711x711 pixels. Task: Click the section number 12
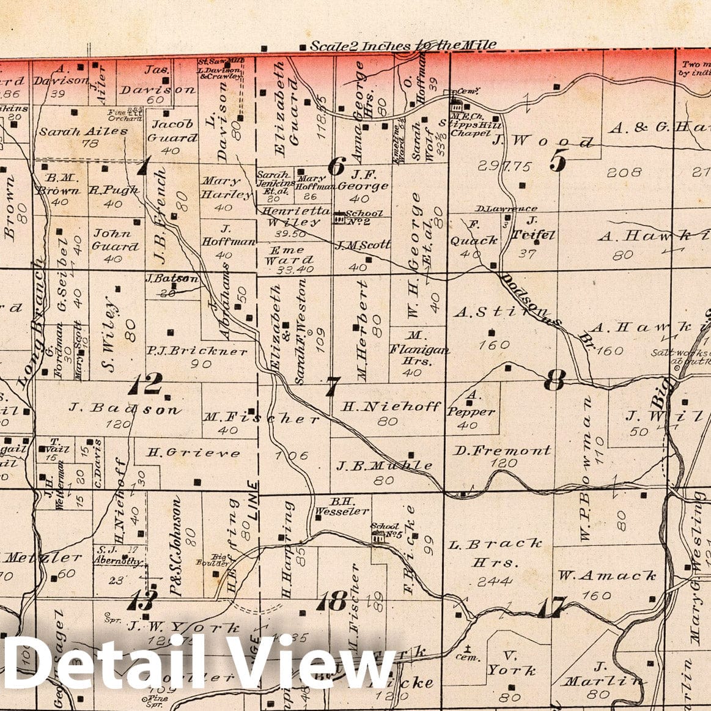coord(146,385)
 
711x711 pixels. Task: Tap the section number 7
coord(332,386)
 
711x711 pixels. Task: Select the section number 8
coord(554,382)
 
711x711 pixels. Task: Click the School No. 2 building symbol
coord(339,216)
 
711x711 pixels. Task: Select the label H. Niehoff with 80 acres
coord(391,406)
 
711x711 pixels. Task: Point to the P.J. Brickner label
coord(197,352)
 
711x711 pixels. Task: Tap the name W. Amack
coord(606,575)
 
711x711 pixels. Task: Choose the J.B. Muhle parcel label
coord(385,465)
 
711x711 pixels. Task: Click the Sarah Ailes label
coord(83,131)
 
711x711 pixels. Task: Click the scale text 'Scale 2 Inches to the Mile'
coord(403,46)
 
